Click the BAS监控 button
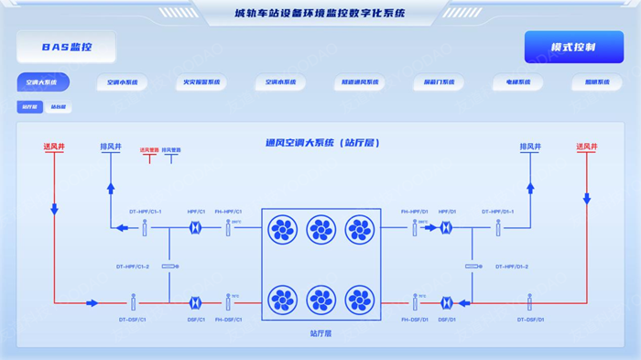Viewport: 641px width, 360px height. (67, 47)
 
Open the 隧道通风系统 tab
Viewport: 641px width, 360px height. (358, 82)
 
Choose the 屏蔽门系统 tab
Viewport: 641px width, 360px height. (438, 82)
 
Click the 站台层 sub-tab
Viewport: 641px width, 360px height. (60, 107)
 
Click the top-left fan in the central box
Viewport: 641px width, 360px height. (282, 229)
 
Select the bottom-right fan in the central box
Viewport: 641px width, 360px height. (359, 300)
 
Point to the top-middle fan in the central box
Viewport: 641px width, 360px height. (320, 229)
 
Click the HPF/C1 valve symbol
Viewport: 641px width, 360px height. (196, 228)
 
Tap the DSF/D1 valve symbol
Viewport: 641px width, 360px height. (447, 302)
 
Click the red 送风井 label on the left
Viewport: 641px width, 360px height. (54, 147)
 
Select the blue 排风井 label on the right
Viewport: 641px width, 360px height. (530, 147)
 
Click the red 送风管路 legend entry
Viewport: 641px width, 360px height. (149, 149)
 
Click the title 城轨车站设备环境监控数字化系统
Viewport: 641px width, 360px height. (320, 14)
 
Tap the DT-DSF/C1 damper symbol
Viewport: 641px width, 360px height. (133, 302)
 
